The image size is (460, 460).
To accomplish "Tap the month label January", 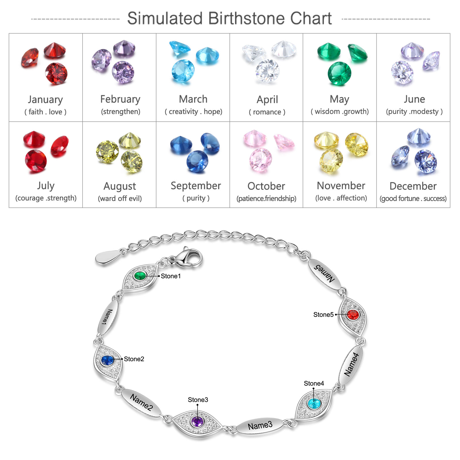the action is (45, 99).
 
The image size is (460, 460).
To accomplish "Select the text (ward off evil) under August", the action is (120, 198).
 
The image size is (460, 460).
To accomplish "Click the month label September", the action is (196, 186).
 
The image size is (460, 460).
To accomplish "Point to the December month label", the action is (413, 186).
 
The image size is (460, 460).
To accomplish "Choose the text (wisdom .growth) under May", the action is (340, 112).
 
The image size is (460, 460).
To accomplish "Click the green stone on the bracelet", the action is (140, 276).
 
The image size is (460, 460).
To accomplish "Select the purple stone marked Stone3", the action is (197, 422).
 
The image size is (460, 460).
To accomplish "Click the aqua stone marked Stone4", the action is (314, 404).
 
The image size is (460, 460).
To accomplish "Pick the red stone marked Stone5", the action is (352, 315).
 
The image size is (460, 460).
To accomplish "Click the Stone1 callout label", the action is (171, 276).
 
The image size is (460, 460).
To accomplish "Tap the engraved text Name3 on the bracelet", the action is (260, 425).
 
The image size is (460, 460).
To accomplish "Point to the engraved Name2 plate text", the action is (141, 402).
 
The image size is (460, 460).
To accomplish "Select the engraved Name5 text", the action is (324, 274).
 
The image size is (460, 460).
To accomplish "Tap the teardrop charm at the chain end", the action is (108, 257).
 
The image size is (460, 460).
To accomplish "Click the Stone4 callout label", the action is (314, 384).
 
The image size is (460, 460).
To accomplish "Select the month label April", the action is (267, 100).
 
